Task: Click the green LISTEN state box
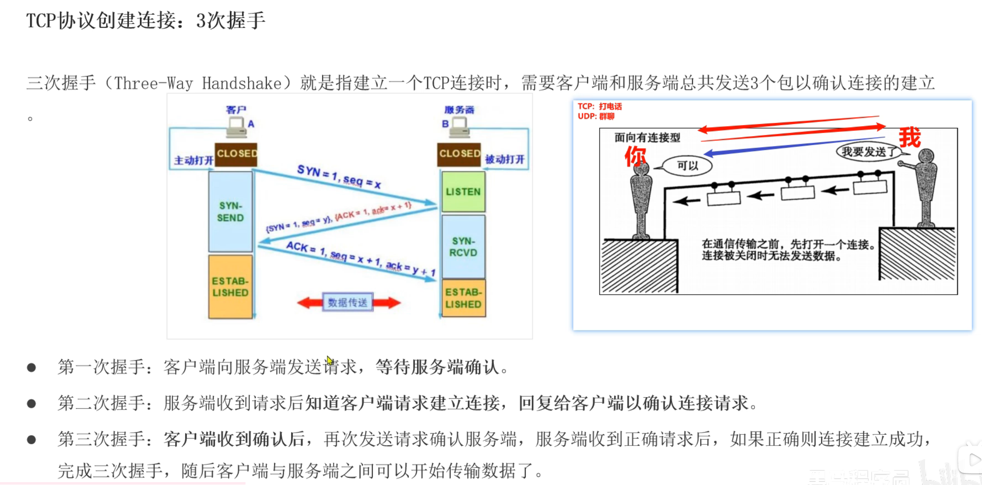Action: [x=463, y=192]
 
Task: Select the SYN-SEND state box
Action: [x=230, y=212]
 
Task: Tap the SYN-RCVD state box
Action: [x=463, y=246]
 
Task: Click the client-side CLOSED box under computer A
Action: [x=236, y=154]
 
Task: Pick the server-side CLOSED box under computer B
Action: [x=459, y=154]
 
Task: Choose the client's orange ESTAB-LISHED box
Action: [x=230, y=287]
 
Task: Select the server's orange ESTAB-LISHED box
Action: [x=463, y=298]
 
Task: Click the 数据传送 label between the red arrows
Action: [x=348, y=302]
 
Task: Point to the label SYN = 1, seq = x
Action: [x=339, y=176]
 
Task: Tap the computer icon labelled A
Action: [x=237, y=127]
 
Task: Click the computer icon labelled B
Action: [x=460, y=127]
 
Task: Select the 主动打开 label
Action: [x=193, y=161]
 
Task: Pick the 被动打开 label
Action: [x=505, y=159]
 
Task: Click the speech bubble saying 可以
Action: [x=687, y=166]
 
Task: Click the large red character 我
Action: [x=909, y=138]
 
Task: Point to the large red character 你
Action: [x=635, y=156]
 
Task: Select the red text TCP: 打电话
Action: [x=600, y=107]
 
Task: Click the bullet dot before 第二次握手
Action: [x=31, y=403]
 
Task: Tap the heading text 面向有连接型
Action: [x=647, y=138]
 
